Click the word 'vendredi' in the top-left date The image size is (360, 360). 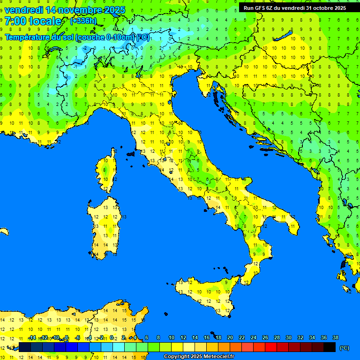pyautogui.click(x=24, y=9)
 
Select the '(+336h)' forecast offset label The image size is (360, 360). pyautogui.click(x=83, y=21)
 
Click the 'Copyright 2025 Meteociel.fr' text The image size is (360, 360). pyautogui.click(x=199, y=357)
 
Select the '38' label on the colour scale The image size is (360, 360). pyautogui.click(x=335, y=338)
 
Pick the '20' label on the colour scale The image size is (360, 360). pyautogui.click(x=230, y=338)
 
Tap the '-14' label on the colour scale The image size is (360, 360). pyautogui.click(x=32, y=338)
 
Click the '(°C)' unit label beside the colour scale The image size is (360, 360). pyautogui.click(x=344, y=348)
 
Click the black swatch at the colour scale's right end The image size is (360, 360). pyautogui.click(x=330, y=347)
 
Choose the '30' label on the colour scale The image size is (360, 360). pyautogui.click(x=288, y=338)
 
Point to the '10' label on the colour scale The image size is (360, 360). pyautogui.click(x=171, y=338)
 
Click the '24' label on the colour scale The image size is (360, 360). pyautogui.click(x=253, y=338)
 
